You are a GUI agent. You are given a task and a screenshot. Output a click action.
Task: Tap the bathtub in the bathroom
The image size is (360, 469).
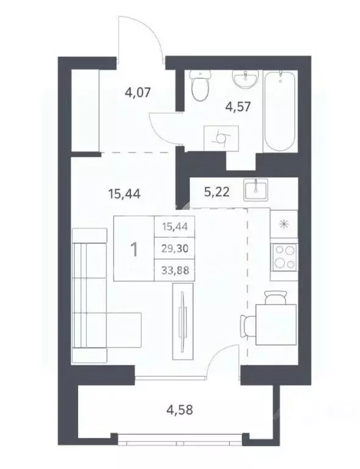(279, 112)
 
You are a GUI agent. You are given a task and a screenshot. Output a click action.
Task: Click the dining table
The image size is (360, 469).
(273, 322)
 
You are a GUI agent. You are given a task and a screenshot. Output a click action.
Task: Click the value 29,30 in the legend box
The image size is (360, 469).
(175, 249)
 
